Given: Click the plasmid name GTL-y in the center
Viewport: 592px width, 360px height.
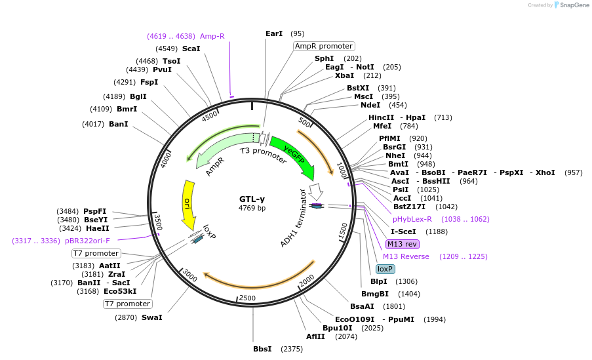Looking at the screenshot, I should pyautogui.click(x=252, y=199).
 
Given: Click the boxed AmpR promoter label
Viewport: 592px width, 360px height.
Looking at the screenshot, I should pyautogui.click(x=324, y=46).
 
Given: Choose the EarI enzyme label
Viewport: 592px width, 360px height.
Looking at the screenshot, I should pyautogui.click(x=274, y=33).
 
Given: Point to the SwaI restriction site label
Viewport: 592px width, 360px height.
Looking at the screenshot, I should pyautogui.click(x=151, y=317).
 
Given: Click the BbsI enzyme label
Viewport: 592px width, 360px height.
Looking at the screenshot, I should pyautogui.click(x=262, y=349).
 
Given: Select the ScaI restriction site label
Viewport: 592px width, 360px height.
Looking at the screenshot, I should pyautogui.click(x=191, y=49).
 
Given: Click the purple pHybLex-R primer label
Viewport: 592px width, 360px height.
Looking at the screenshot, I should pyautogui.click(x=412, y=219).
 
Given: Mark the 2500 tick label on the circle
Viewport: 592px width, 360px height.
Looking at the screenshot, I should pyautogui.click(x=247, y=298).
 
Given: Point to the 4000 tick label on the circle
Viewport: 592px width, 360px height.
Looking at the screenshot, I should pyautogui.click(x=166, y=159).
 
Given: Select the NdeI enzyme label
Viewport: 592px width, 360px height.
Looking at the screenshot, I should pyautogui.click(x=370, y=105).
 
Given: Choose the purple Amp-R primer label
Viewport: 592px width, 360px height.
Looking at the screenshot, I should pyautogui.click(x=212, y=36).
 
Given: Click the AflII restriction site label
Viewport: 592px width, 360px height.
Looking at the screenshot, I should pyautogui.click(x=315, y=336).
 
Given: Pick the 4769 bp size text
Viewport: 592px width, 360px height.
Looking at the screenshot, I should pyautogui.click(x=252, y=208).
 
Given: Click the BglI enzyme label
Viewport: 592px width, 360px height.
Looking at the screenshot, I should pyautogui.click(x=138, y=96).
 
